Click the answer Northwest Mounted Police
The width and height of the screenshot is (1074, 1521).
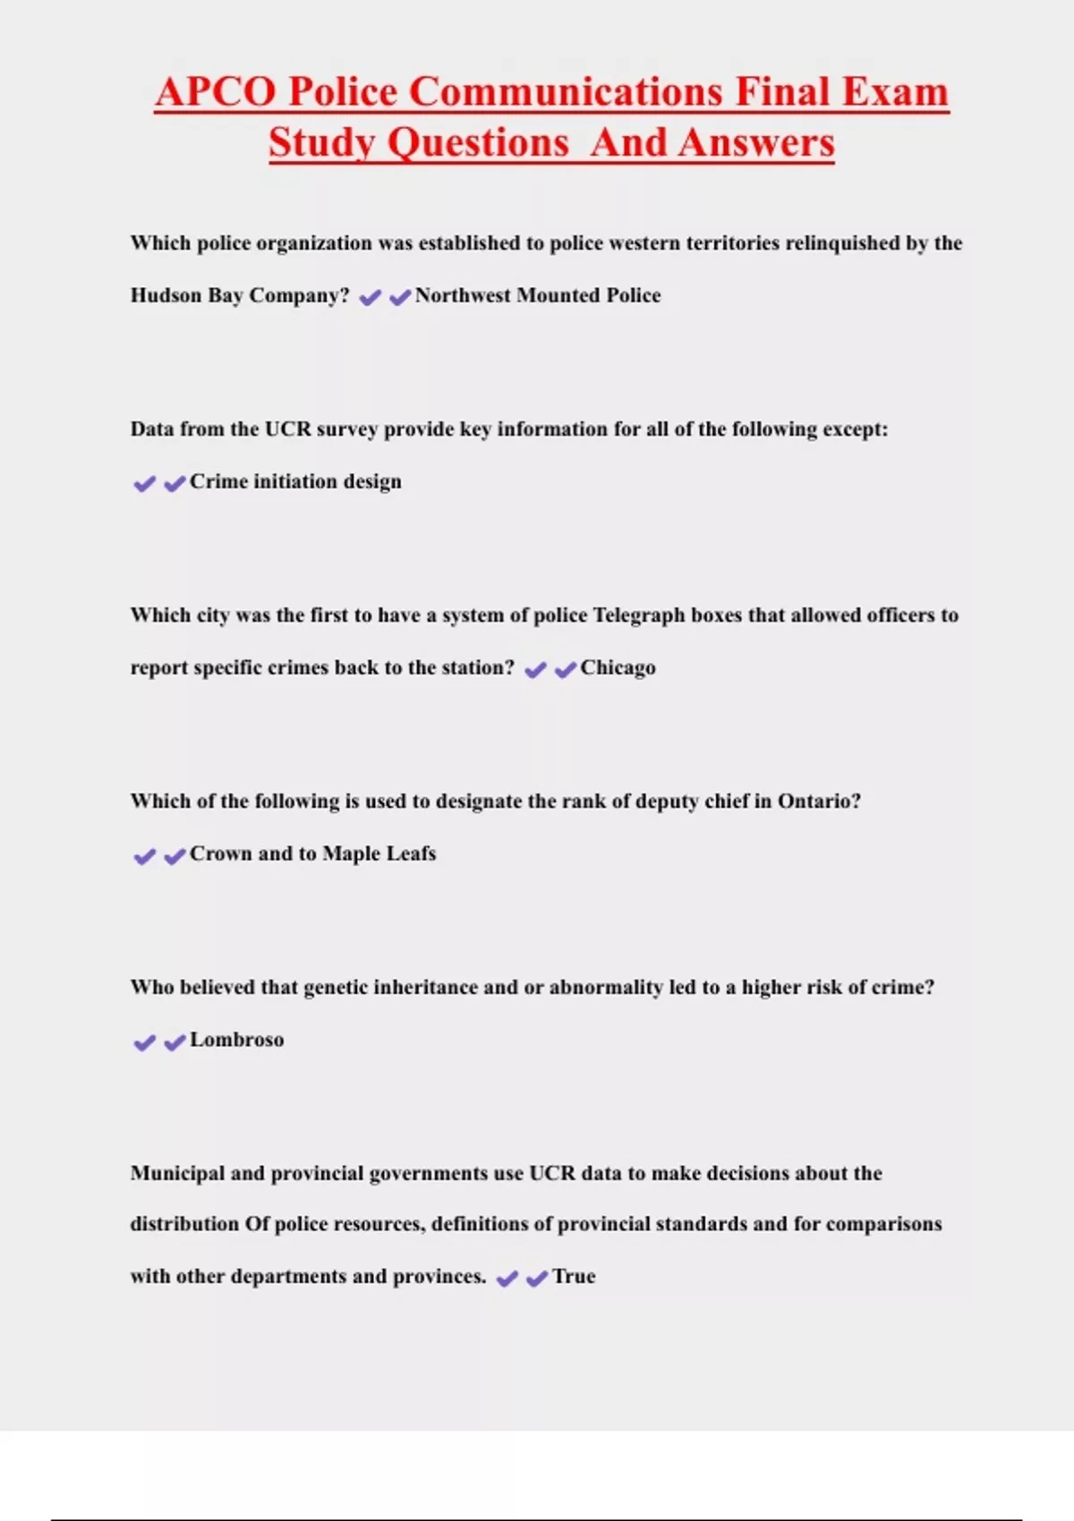(x=538, y=295)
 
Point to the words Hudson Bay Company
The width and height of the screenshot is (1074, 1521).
(x=240, y=295)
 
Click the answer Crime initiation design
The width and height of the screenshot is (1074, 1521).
(x=295, y=481)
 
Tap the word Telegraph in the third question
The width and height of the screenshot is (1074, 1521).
(x=640, y=616)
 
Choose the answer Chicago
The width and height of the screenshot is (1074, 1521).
(x=618, y=667)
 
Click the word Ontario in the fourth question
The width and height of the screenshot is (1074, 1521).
(x=819, y=801)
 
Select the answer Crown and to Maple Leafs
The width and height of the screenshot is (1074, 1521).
(x=312, y=854)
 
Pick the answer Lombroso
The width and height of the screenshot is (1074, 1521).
(x=236, y=1040)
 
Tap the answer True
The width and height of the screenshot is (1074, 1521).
(x=574, y=1277)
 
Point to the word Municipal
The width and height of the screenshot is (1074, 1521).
(x=177, y=1173)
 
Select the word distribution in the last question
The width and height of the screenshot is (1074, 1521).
(x=184, y=1224)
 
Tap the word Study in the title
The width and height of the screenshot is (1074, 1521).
(x=321, y=143)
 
